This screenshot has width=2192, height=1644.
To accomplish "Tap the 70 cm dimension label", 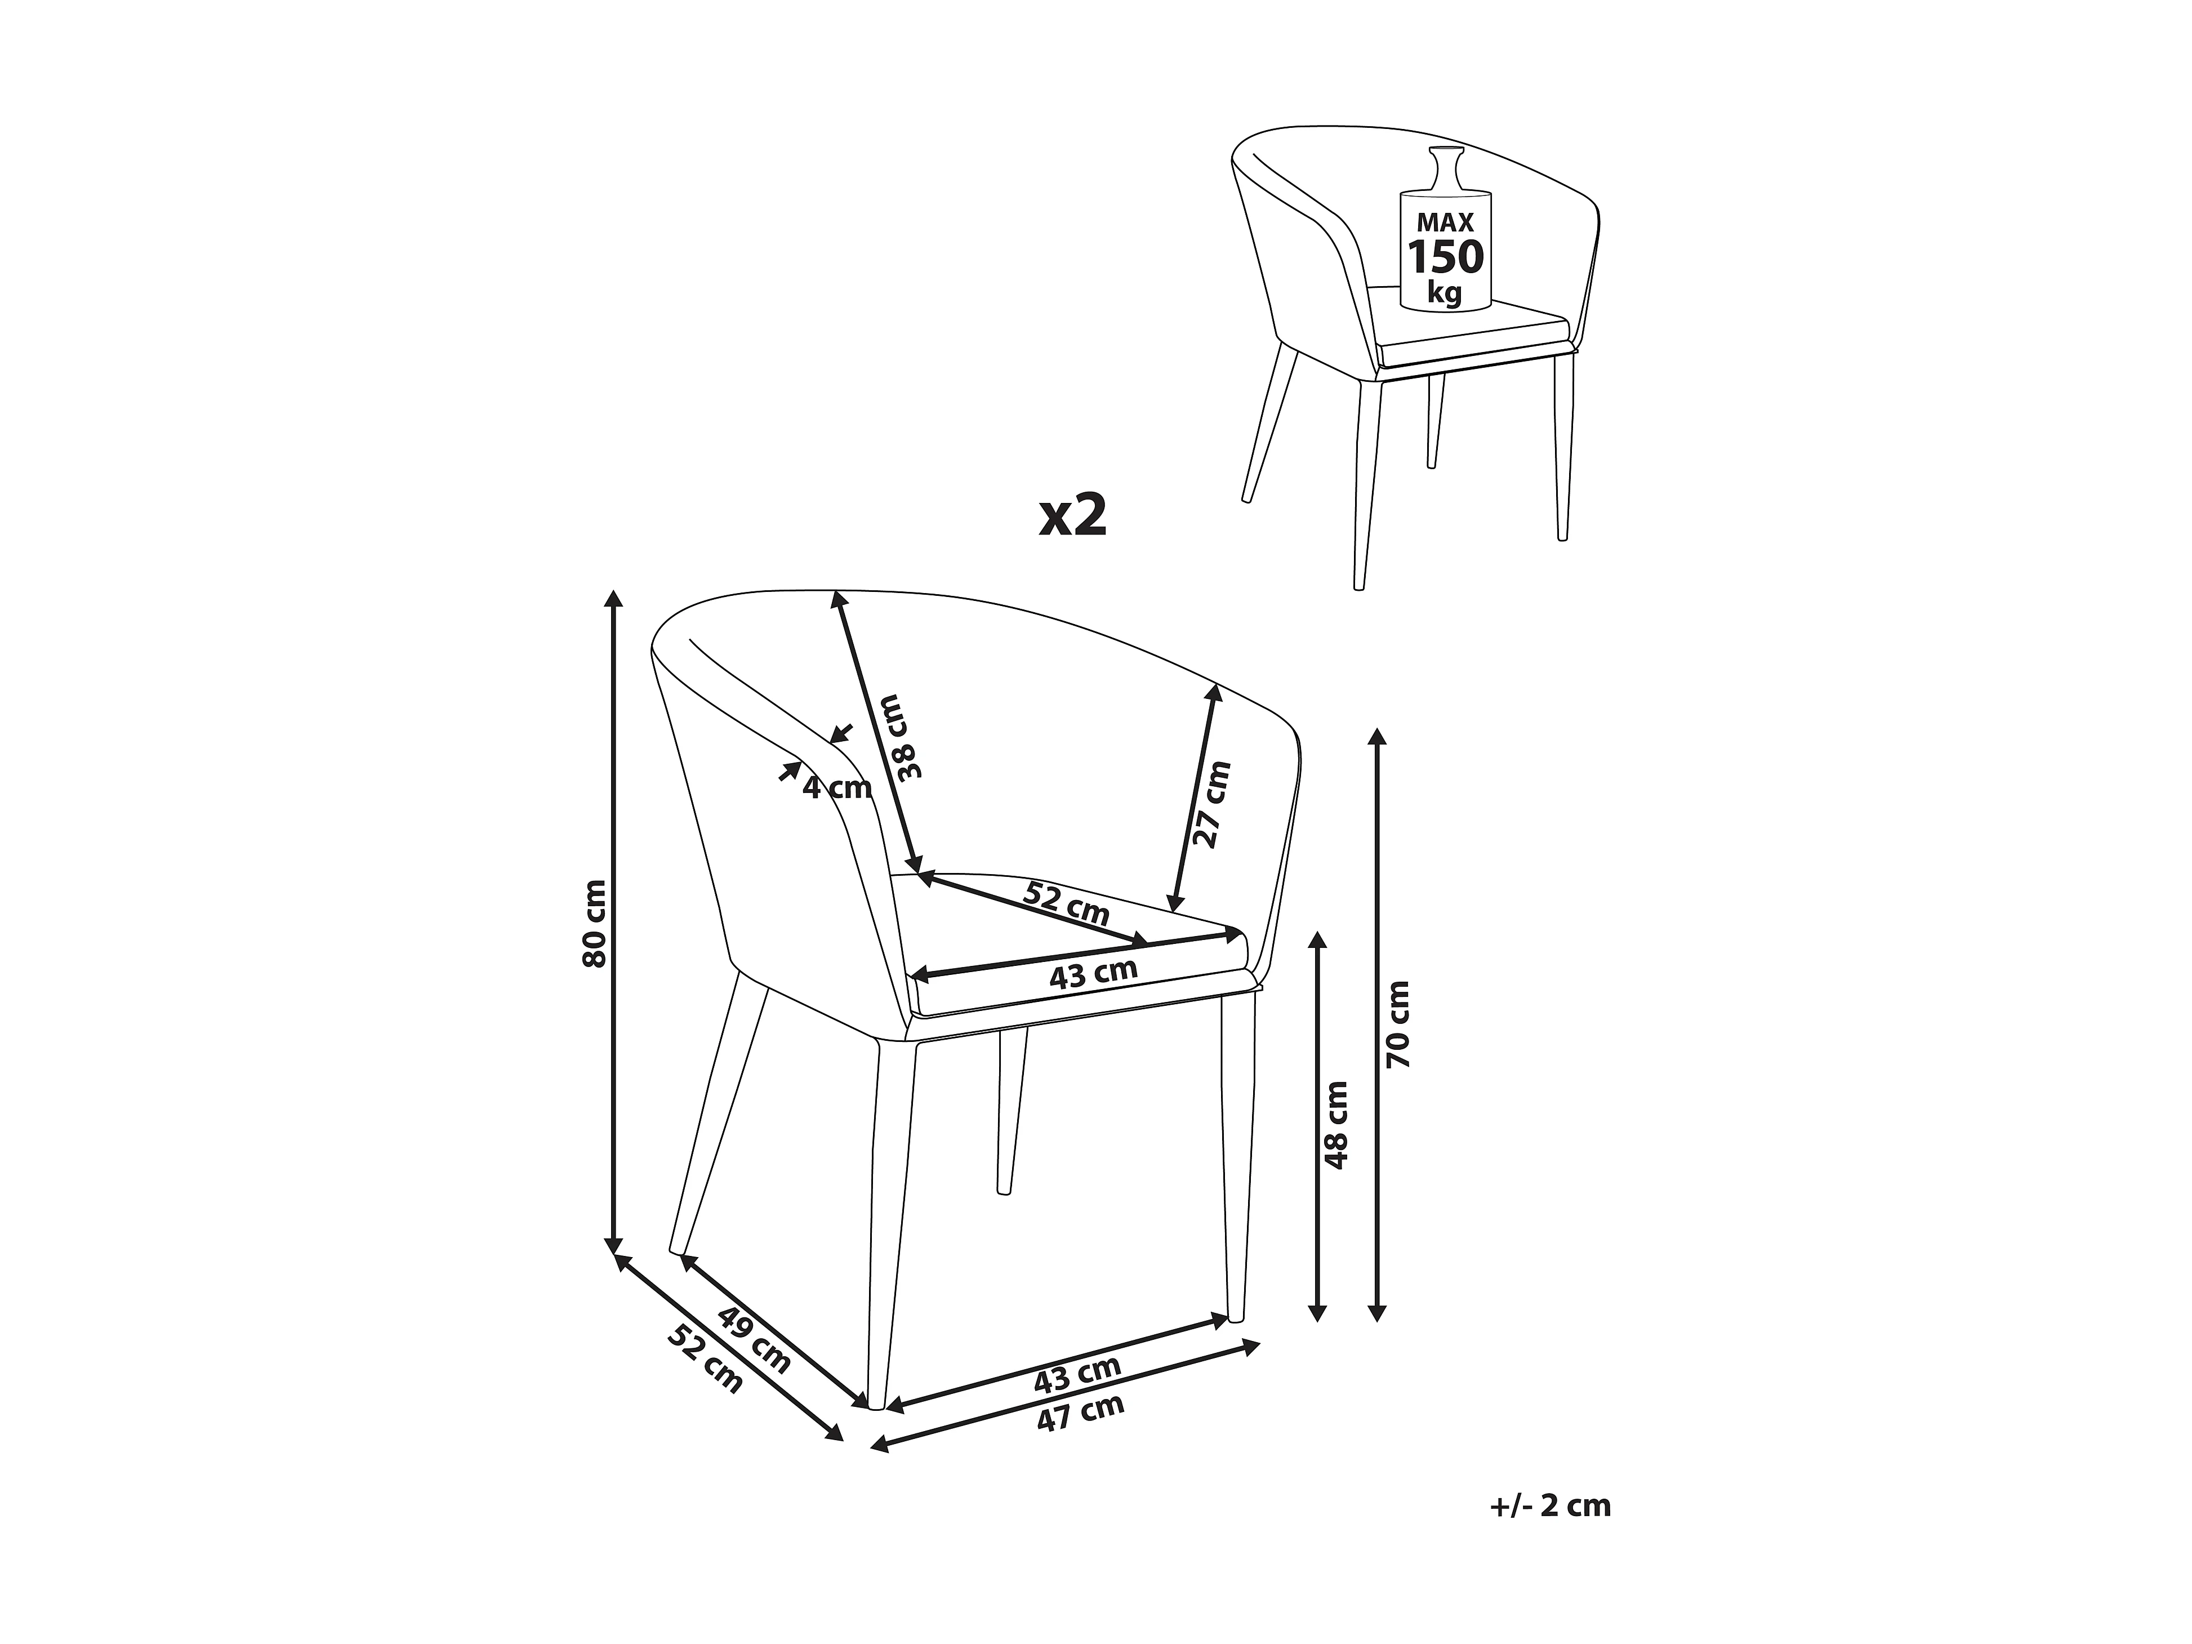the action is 1398,1024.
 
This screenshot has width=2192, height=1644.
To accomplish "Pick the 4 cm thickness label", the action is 836,788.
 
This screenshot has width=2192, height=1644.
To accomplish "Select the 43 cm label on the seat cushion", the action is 1093,974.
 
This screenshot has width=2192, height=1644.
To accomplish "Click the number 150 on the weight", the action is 1446,257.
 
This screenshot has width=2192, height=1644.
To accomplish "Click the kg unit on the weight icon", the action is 1445,293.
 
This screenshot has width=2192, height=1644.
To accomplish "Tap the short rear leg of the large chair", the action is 1011,1111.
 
